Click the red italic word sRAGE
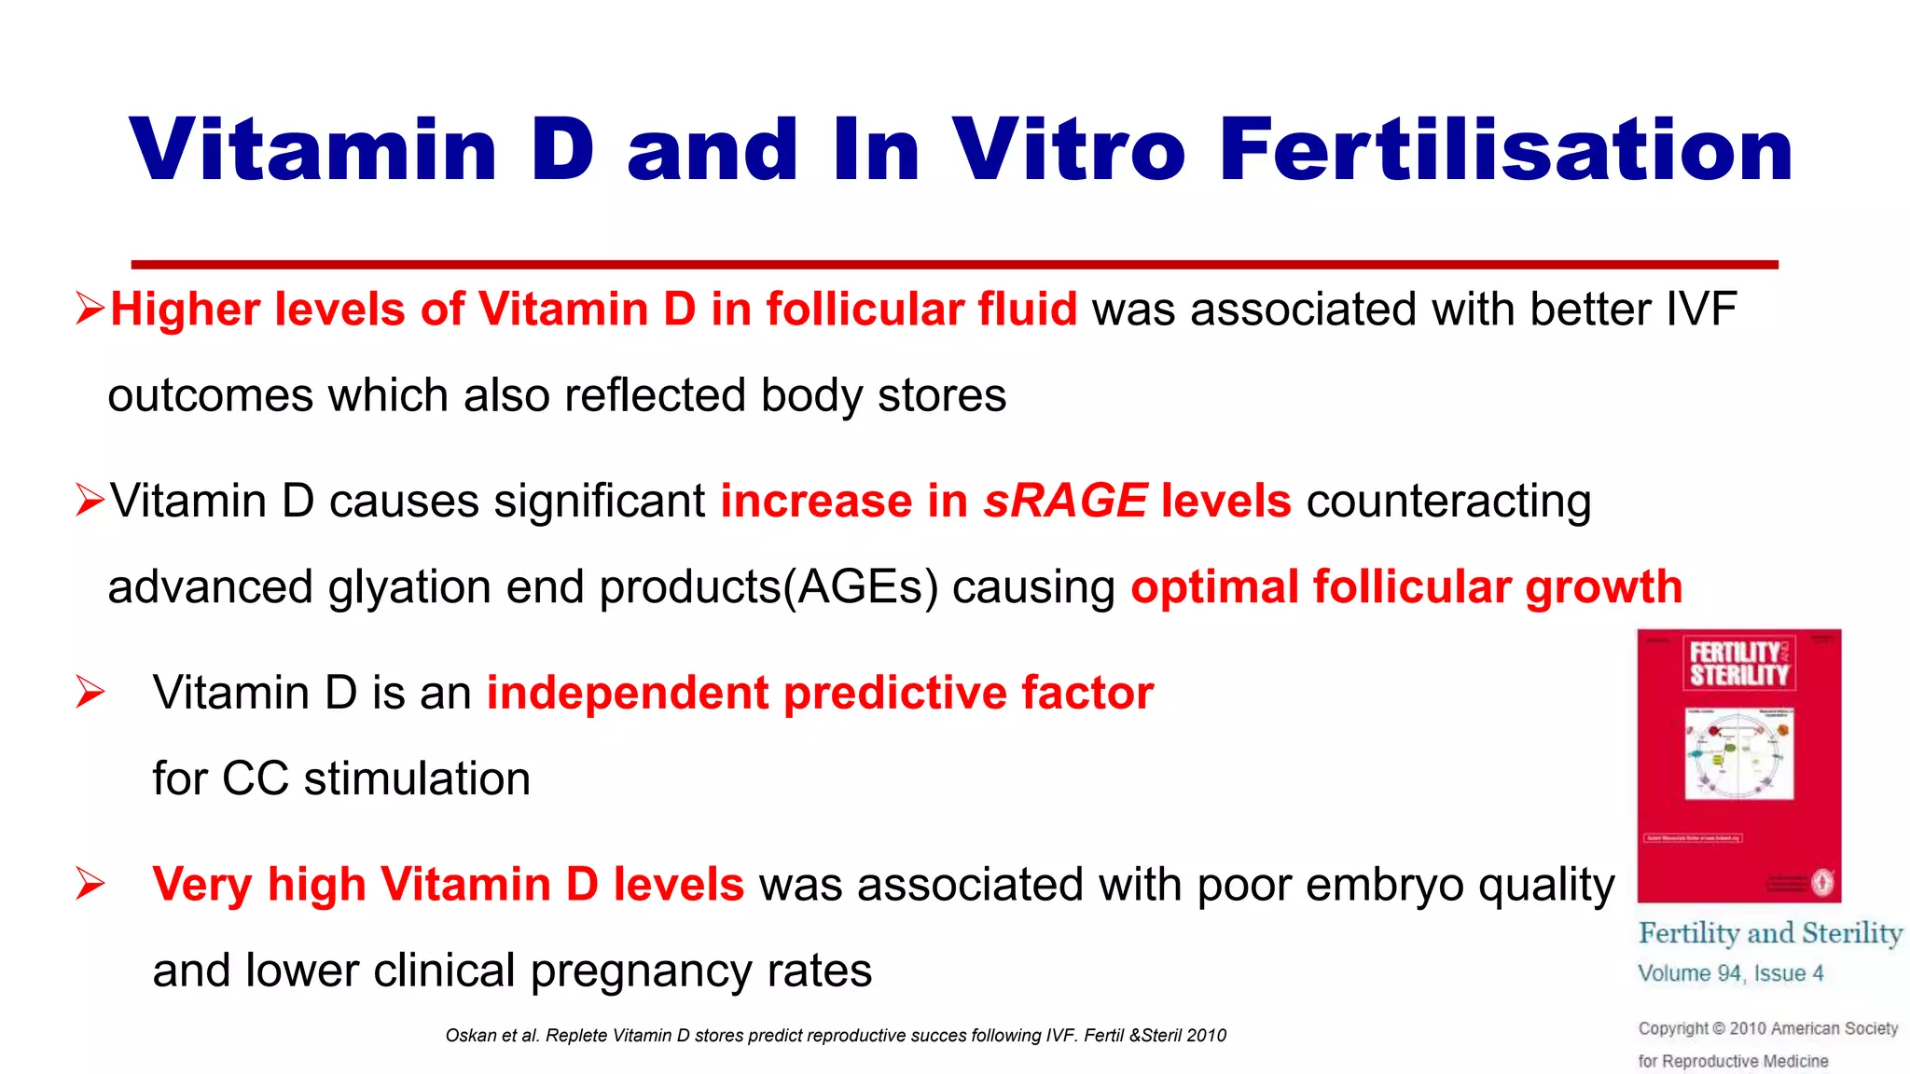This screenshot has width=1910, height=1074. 1065,501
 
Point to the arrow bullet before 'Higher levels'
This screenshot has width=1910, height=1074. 90,308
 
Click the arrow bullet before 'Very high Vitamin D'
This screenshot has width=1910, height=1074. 90,883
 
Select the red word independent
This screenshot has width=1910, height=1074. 627,693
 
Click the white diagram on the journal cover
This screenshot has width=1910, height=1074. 1738,753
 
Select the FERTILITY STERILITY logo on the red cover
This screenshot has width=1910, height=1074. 1738,663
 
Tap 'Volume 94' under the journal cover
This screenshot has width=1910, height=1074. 1689,973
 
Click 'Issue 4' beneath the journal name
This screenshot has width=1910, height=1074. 1788,973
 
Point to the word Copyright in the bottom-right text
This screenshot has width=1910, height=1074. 1673,1028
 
